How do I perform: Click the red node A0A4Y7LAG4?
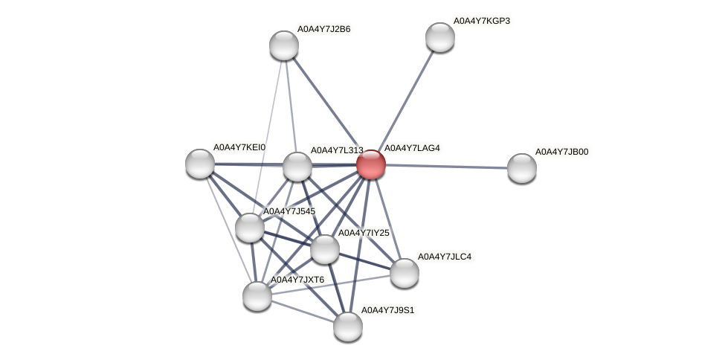(x=371, y=164)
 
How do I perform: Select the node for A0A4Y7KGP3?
(x=440, y=37)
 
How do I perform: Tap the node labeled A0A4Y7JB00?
(x=522, y=168)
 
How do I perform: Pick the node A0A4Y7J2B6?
(x=284, y=45)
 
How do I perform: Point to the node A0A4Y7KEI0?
(x=200, y=164)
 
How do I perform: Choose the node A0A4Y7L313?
(x=297, y=167)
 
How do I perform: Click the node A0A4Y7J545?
(x=250, y=228)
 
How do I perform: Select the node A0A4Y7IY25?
(x=325, y=249)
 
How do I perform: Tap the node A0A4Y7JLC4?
(x=405, y=273)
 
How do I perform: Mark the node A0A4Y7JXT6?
(x=257, y=296)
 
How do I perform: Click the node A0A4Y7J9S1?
(x=348, y=327)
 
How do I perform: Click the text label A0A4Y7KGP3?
(x=482, y=21)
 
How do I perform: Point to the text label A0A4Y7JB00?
(x=561, y=152)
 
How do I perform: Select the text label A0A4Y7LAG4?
(x=412, y=148)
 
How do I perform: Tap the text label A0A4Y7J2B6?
(x=323, y=29)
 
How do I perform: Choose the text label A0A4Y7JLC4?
(x=444, y=257)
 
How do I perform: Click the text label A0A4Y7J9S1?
(x=387, y=309)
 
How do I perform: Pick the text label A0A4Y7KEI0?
(x=239, y=147)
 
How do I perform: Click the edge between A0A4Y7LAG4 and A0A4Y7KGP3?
(x=406, y=100)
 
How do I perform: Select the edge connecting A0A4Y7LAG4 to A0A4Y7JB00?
(x=446, y=166)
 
